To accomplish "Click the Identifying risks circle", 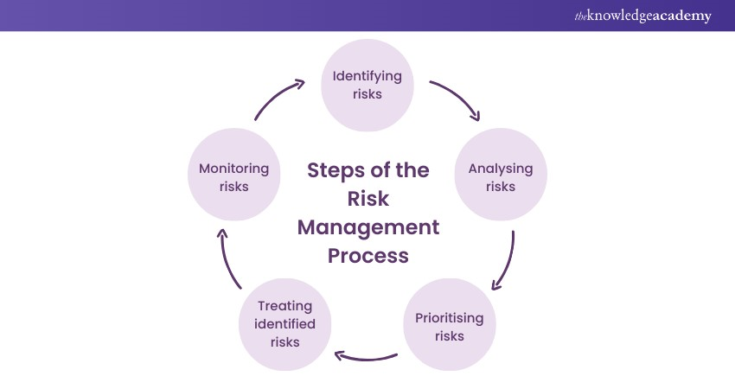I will [x=367, y=85].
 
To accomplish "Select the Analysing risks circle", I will [x=501, y=177].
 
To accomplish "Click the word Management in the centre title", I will [x=368, y=227].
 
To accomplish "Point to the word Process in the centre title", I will [x=368, y=256].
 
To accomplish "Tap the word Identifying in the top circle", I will [x=367, y=76].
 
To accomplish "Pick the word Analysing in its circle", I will [x=501, y=169].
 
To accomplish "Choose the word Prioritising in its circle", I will [x=450, y=318].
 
